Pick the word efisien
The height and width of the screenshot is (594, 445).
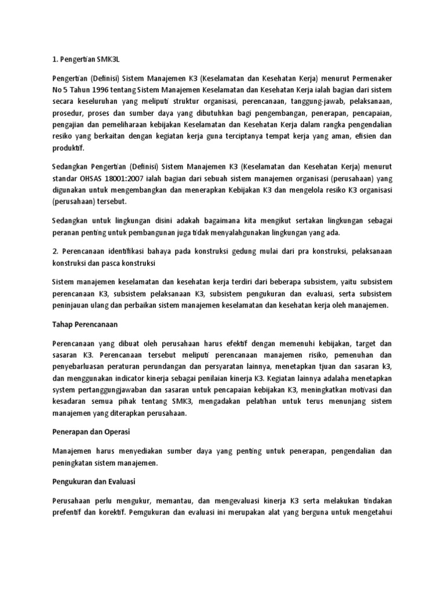[363, 136]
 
